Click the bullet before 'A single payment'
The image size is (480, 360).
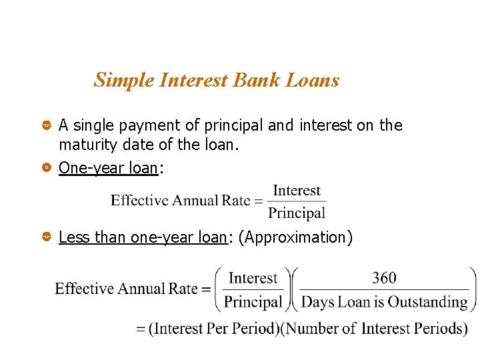tap(46, 125)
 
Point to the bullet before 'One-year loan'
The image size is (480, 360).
tap(46, 168)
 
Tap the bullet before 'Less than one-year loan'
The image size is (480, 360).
tap(46, 237)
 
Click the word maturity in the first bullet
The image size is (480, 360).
tap(85, 144)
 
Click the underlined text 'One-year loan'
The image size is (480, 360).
tap(108, 168)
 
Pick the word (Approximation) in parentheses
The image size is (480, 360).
tap(295, 237)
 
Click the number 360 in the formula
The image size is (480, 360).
tap(384, 278)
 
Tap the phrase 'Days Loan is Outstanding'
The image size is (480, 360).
tap(385, 302)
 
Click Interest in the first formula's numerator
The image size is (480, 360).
tap(297, 191)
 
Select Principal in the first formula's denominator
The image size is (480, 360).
tap(297, 213)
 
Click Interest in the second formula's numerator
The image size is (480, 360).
tap(253, 278)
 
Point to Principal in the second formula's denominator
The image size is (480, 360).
tap(253, 302)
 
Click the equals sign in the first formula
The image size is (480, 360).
tap(259, 201)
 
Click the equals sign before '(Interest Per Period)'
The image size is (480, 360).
tap(141, 329)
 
